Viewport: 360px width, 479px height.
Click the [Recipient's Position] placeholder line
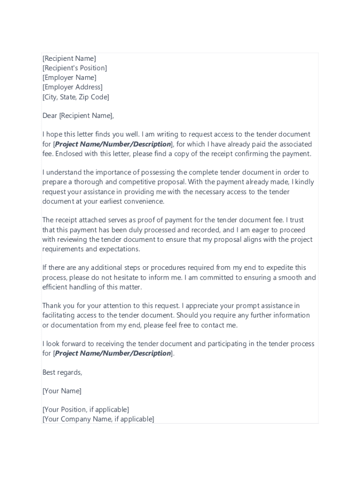click(75, 68)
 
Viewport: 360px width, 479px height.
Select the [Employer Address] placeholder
click(72, 87)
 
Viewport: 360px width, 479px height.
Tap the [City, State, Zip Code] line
click(76, 97)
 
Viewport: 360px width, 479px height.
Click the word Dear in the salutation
click(50, 116)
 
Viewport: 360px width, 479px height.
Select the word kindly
click(304, 182)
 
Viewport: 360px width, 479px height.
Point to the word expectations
click(119, 249)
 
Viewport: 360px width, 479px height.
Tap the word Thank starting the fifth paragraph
click(51, 306)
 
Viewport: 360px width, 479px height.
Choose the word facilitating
click(60, 315)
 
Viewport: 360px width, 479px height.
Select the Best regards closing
click(62, 372)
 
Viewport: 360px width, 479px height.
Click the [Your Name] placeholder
click(62, 391)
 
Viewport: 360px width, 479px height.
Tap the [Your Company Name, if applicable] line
click(98, 419)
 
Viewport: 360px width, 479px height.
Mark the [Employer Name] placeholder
click(69, 78)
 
